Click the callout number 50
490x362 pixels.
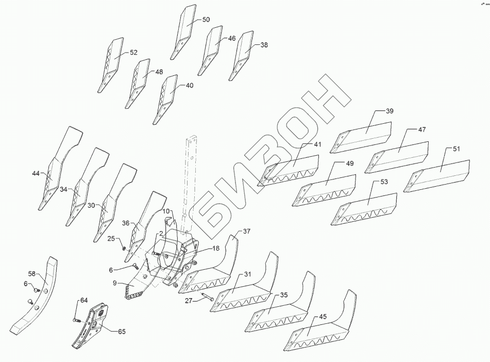tap(206, 20)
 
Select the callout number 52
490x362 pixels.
tap(133, 53)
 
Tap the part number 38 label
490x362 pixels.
tap(264, 45)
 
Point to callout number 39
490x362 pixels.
tap(389, 111)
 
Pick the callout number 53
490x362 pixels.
tap(384, 182)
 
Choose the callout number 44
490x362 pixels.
tap(35, 174)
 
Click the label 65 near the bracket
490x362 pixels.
tap(122, 332)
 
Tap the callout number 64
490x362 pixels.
tap(84, 301)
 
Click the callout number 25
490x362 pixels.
tap(111, 239)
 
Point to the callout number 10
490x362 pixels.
tap(166, 211)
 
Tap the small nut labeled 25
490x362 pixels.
tap(124, 248)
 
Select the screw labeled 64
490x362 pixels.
tap(77, 320)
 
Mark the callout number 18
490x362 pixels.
tap(215, 249)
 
